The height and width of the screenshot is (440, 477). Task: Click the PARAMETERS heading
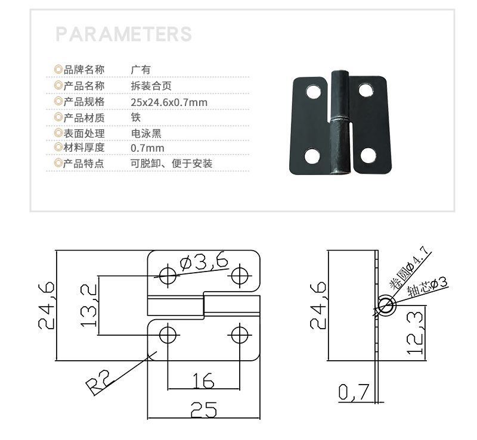click(123, 33)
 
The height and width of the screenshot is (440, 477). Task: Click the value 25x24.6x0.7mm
click(169, 102)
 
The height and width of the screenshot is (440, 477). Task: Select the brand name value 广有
click(141, 70)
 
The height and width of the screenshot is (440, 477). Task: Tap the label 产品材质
click(83, 117)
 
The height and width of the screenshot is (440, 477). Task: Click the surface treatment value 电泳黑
click(146, 133)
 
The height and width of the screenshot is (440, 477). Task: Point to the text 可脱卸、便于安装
click(171, 163)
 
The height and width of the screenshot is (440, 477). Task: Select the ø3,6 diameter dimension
click(203, 262)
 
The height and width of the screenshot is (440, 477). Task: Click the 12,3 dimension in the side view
click(416, 333)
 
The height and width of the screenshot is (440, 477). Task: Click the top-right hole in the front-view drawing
click(240, 275)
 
